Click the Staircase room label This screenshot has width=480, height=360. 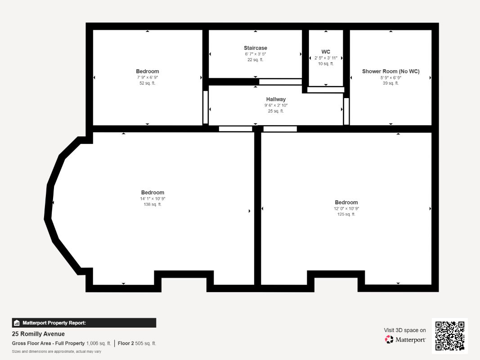tap(256, 48)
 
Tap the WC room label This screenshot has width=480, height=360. tap(326, 52)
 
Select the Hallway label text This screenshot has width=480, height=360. tap(276, 99)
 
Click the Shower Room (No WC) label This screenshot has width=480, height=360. tap(390, 72)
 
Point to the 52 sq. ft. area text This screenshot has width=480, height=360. tap(148, 83)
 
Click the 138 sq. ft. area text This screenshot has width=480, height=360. tap(153, 204)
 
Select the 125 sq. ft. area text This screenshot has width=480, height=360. tap(346, 214)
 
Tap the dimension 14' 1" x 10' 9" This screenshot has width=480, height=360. tap(153, 198)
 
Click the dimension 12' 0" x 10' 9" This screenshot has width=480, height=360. tap(346, 208)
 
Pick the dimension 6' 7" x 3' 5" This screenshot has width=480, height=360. tap(256, 54)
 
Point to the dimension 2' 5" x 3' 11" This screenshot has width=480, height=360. tap(326, 58)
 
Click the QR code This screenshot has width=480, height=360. tap(450, 336)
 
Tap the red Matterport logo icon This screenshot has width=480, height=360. tap(389, 339)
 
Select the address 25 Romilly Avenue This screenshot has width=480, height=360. tap(38, 334)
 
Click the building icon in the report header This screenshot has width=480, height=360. tap(17, 323)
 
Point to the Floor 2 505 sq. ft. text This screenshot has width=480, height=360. tap(137, 343)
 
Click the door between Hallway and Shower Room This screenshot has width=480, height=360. tap(346, 111)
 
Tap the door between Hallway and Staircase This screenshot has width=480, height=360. tap(280, 82)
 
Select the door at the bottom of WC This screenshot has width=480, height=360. tap(326, 90)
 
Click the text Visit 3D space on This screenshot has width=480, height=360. tap(405, 330)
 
